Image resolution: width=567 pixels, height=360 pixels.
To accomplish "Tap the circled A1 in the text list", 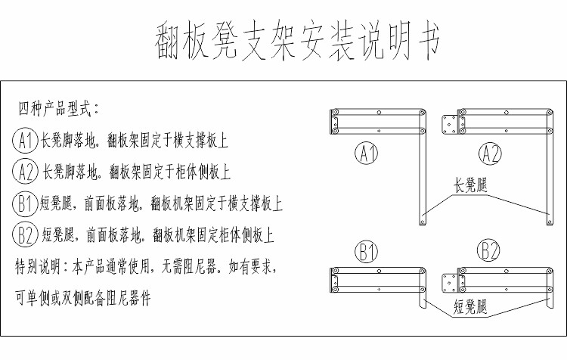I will click(x=25, y=141).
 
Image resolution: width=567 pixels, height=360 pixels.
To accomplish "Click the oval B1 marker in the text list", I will click(x=25, y=203).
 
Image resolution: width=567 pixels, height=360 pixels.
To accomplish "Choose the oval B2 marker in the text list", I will click(x=25, y=235).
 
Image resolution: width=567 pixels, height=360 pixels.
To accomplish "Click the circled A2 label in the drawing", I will click(x=489, y=154).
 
